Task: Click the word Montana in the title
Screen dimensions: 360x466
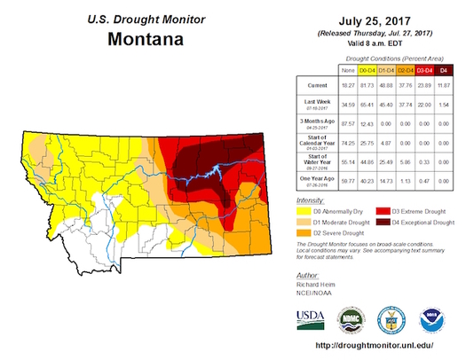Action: pos(146,39)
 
